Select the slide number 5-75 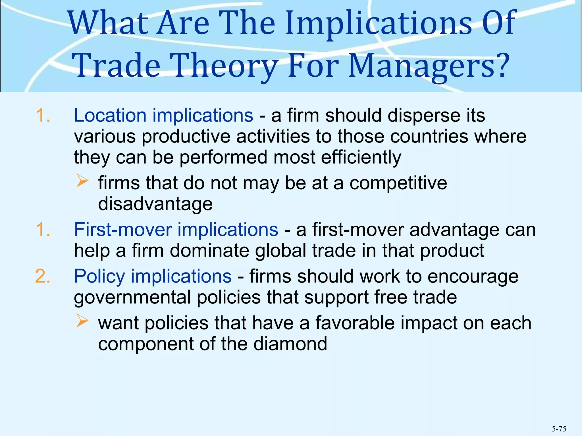point(559,429)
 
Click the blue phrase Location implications point(163,116)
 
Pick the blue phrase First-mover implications point(176,229)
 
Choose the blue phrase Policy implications point(153,276)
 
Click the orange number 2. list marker point(43,276)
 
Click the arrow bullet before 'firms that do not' point(82,181)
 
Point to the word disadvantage point(155,204)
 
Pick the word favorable point(355,323)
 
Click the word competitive point(398,183)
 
